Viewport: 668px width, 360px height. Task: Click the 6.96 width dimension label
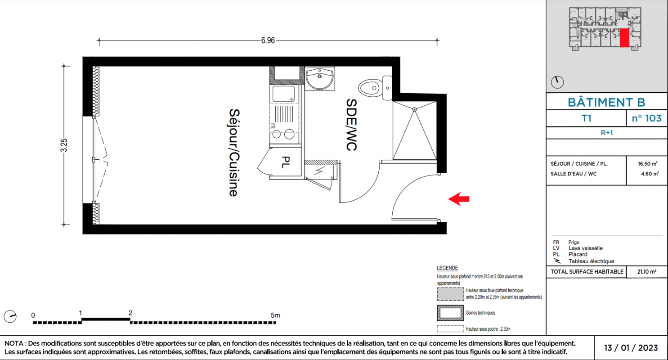click(268, 40)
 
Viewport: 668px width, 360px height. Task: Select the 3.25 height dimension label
click(64, 145)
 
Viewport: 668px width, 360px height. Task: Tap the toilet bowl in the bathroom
click(371, 88)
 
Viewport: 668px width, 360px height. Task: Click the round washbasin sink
click(319, 79)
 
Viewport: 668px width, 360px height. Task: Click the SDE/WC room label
click(351, 125)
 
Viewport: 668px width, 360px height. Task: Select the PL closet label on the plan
click(286, 162)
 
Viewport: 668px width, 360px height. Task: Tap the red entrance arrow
click(459, 198)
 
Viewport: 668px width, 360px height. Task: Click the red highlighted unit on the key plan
click(624, 38)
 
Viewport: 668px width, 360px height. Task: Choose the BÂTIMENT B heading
click(606, 102)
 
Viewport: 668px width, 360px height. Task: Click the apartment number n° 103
click(646, 118)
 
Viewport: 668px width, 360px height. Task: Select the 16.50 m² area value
click(647, 164)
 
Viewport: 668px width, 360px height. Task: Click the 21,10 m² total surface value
click(646, 272)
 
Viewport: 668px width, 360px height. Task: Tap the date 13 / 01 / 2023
click(631, 348)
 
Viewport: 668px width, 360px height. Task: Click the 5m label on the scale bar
click(275, 315)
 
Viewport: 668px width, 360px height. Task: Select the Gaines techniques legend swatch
click(450, 313)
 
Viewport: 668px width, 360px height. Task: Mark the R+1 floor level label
click(606, 133)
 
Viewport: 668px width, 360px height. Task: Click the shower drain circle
click(414, 110)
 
